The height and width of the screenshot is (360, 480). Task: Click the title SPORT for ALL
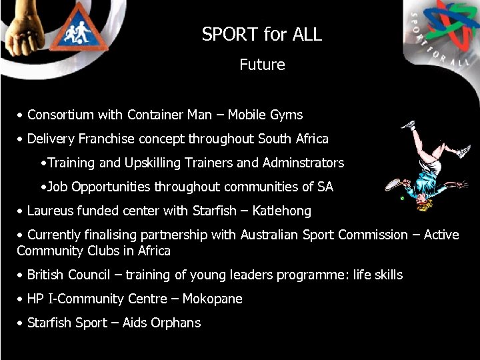coord(262,35)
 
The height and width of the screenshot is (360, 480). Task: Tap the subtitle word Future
coord(262,65)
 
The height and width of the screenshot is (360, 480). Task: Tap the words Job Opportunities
coord(99,187)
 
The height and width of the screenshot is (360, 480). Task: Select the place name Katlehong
coord(281,211)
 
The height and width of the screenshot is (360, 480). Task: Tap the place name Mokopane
coord(213,299)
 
